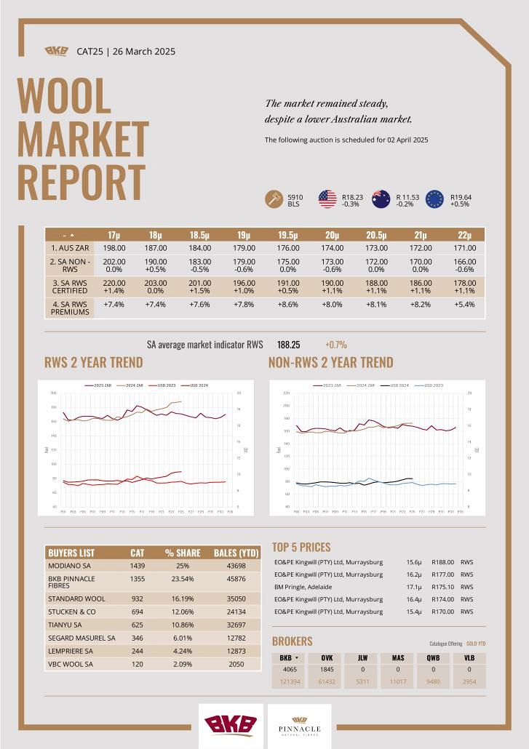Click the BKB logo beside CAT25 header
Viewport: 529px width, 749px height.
point(57,51)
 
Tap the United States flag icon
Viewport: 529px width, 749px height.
point(327,199)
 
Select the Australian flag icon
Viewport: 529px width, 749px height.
point(381,199)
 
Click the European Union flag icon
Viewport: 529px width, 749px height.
point(435,199)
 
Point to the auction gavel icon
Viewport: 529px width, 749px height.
point(274,199)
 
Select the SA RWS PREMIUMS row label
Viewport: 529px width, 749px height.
point(70,308)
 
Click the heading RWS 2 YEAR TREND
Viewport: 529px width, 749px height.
point(94,362)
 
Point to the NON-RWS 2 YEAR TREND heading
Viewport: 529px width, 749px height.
point(330,362)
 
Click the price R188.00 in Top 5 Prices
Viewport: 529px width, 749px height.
point(442,562)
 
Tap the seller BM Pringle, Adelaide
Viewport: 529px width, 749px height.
point(303,587)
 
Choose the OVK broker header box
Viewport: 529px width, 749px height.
point(327,657)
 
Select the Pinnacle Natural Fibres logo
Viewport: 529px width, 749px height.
point(300,726)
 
